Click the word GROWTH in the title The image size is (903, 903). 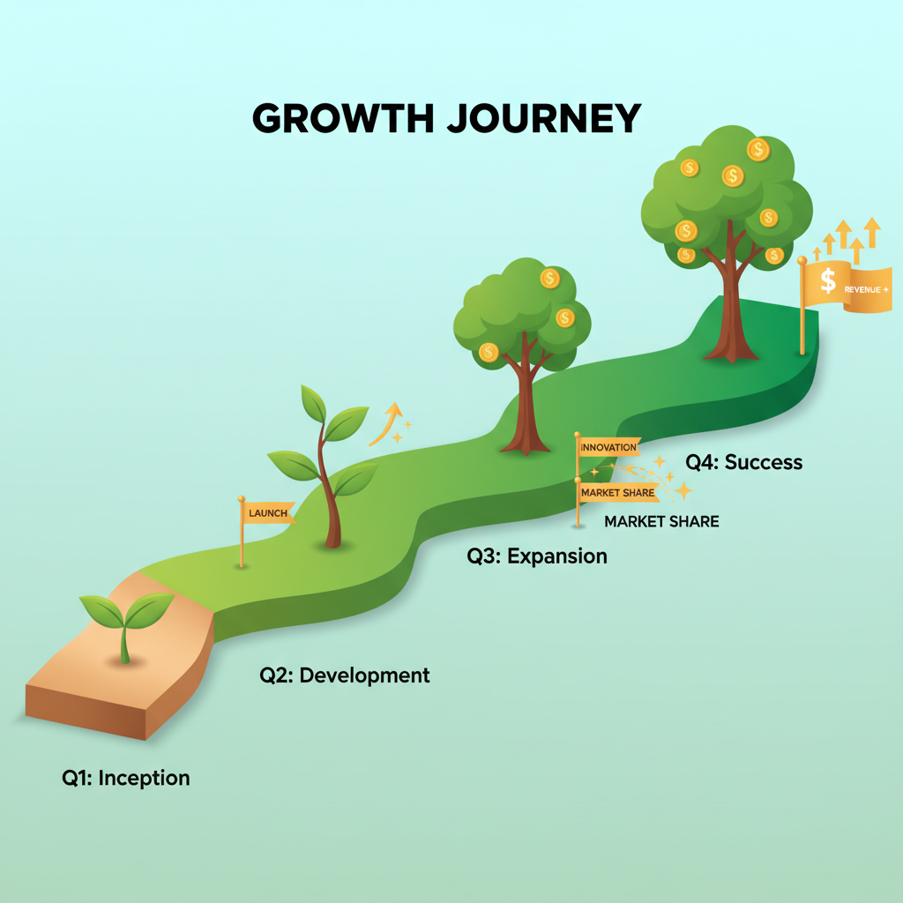343,118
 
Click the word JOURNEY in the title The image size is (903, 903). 544,118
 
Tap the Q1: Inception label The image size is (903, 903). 125,778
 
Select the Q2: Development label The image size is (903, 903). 345,675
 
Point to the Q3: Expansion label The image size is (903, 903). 537,556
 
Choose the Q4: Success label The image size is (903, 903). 743,462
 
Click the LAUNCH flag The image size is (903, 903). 268,512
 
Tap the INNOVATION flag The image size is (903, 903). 608,447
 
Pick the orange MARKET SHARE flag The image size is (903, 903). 618,492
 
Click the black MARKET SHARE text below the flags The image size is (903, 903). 661,522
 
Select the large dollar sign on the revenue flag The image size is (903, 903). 828,280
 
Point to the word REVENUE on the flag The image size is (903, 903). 862,289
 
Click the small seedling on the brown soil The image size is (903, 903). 126,628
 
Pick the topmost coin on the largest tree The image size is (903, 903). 758,149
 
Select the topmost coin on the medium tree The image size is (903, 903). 550,278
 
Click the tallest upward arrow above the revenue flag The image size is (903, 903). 872,232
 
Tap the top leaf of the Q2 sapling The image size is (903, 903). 313,404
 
